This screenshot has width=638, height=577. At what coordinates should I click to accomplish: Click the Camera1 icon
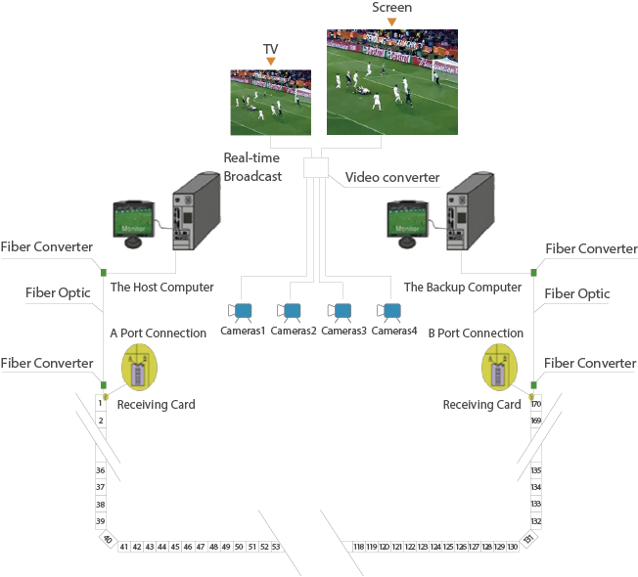[241, 312]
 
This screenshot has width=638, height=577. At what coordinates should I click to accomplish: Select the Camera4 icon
[391, 312]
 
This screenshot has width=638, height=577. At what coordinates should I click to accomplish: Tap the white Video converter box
[315, 167]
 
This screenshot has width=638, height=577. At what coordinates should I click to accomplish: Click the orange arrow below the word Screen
[391, 21]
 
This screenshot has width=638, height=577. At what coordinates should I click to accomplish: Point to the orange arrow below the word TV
[270, 62]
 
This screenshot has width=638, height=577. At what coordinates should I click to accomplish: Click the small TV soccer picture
[270, 102]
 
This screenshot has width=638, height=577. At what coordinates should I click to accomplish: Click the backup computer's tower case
[469, 210]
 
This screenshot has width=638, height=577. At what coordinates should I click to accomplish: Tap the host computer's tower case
[192, 210]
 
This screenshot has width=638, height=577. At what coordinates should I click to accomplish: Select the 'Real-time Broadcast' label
[252, 167]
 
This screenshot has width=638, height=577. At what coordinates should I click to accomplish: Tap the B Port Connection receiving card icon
[502, 369]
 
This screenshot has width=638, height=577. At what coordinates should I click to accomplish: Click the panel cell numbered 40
[107, 540]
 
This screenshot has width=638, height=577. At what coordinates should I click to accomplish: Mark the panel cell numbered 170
[535, 403]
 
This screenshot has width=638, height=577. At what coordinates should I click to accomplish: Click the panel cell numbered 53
[276, 547]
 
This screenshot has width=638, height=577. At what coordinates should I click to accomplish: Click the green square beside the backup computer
[533, 272]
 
